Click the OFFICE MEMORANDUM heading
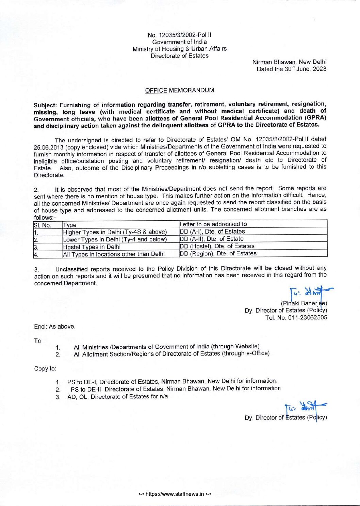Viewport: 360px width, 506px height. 179,91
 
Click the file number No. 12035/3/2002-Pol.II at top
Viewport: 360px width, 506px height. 179,35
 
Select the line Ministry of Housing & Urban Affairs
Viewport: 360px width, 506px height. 179,49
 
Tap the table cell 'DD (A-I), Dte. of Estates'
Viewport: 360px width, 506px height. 212,232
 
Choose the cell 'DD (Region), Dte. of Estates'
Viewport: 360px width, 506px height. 218,253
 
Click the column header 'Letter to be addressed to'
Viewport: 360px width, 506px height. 213,224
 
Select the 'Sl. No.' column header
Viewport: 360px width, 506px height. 42,225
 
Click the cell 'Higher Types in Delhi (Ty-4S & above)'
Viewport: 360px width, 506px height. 115,232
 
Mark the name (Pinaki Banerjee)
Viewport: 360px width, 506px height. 304,303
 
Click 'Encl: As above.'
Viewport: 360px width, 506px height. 54,327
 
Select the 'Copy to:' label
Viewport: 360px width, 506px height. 45,368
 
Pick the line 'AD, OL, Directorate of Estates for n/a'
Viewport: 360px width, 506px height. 117,397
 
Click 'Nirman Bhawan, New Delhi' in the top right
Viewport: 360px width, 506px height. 289,62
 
